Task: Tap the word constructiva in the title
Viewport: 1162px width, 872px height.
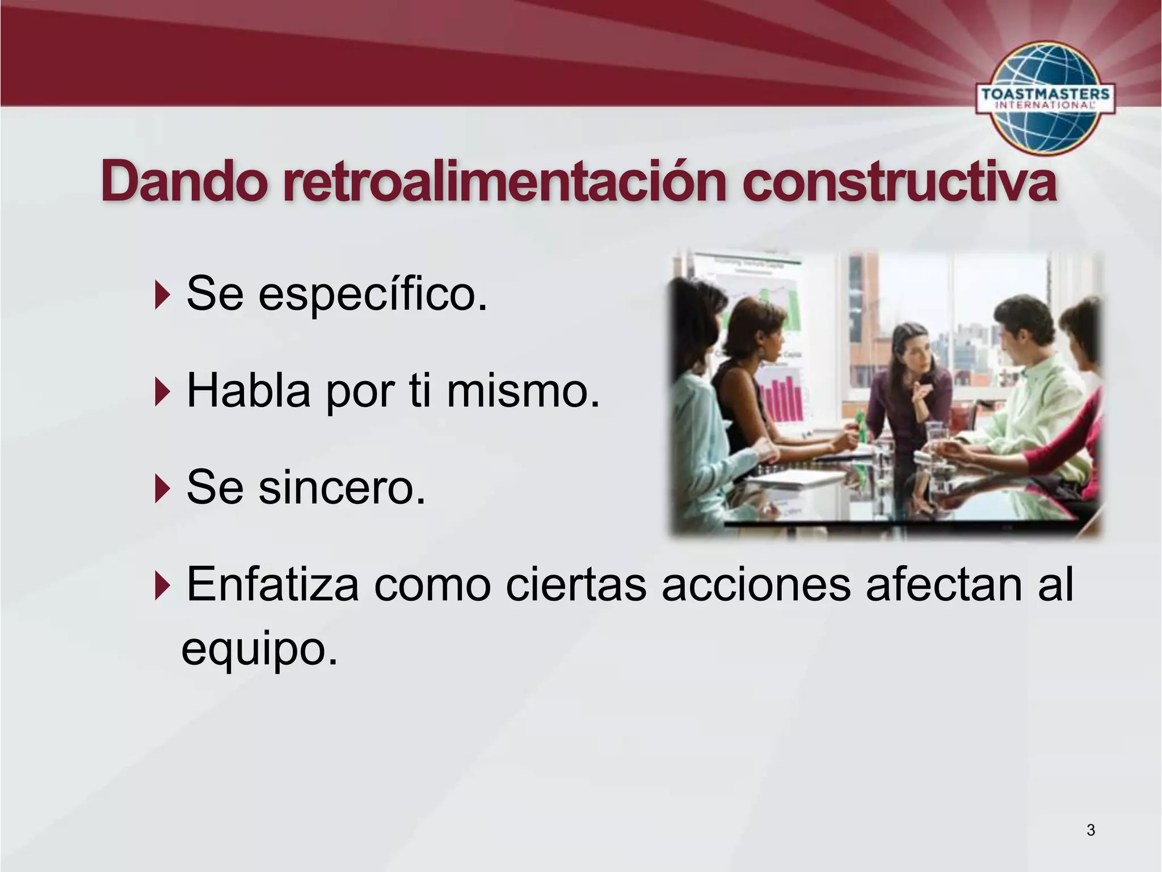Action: (899, 182)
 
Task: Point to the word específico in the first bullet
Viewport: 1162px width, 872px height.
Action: (373, 294)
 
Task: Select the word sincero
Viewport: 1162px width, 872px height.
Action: (342, 488)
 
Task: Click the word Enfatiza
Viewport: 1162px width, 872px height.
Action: (272, 585)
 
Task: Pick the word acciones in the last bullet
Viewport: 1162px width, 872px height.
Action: (756, 585)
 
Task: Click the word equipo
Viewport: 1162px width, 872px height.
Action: (259, 648)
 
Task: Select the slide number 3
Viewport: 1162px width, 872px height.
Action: (1091, 830)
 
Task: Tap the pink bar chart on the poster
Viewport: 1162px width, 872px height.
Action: (783, 397)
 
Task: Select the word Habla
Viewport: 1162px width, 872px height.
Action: (249, 392)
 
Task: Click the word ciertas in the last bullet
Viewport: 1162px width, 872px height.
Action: (576, 585)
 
